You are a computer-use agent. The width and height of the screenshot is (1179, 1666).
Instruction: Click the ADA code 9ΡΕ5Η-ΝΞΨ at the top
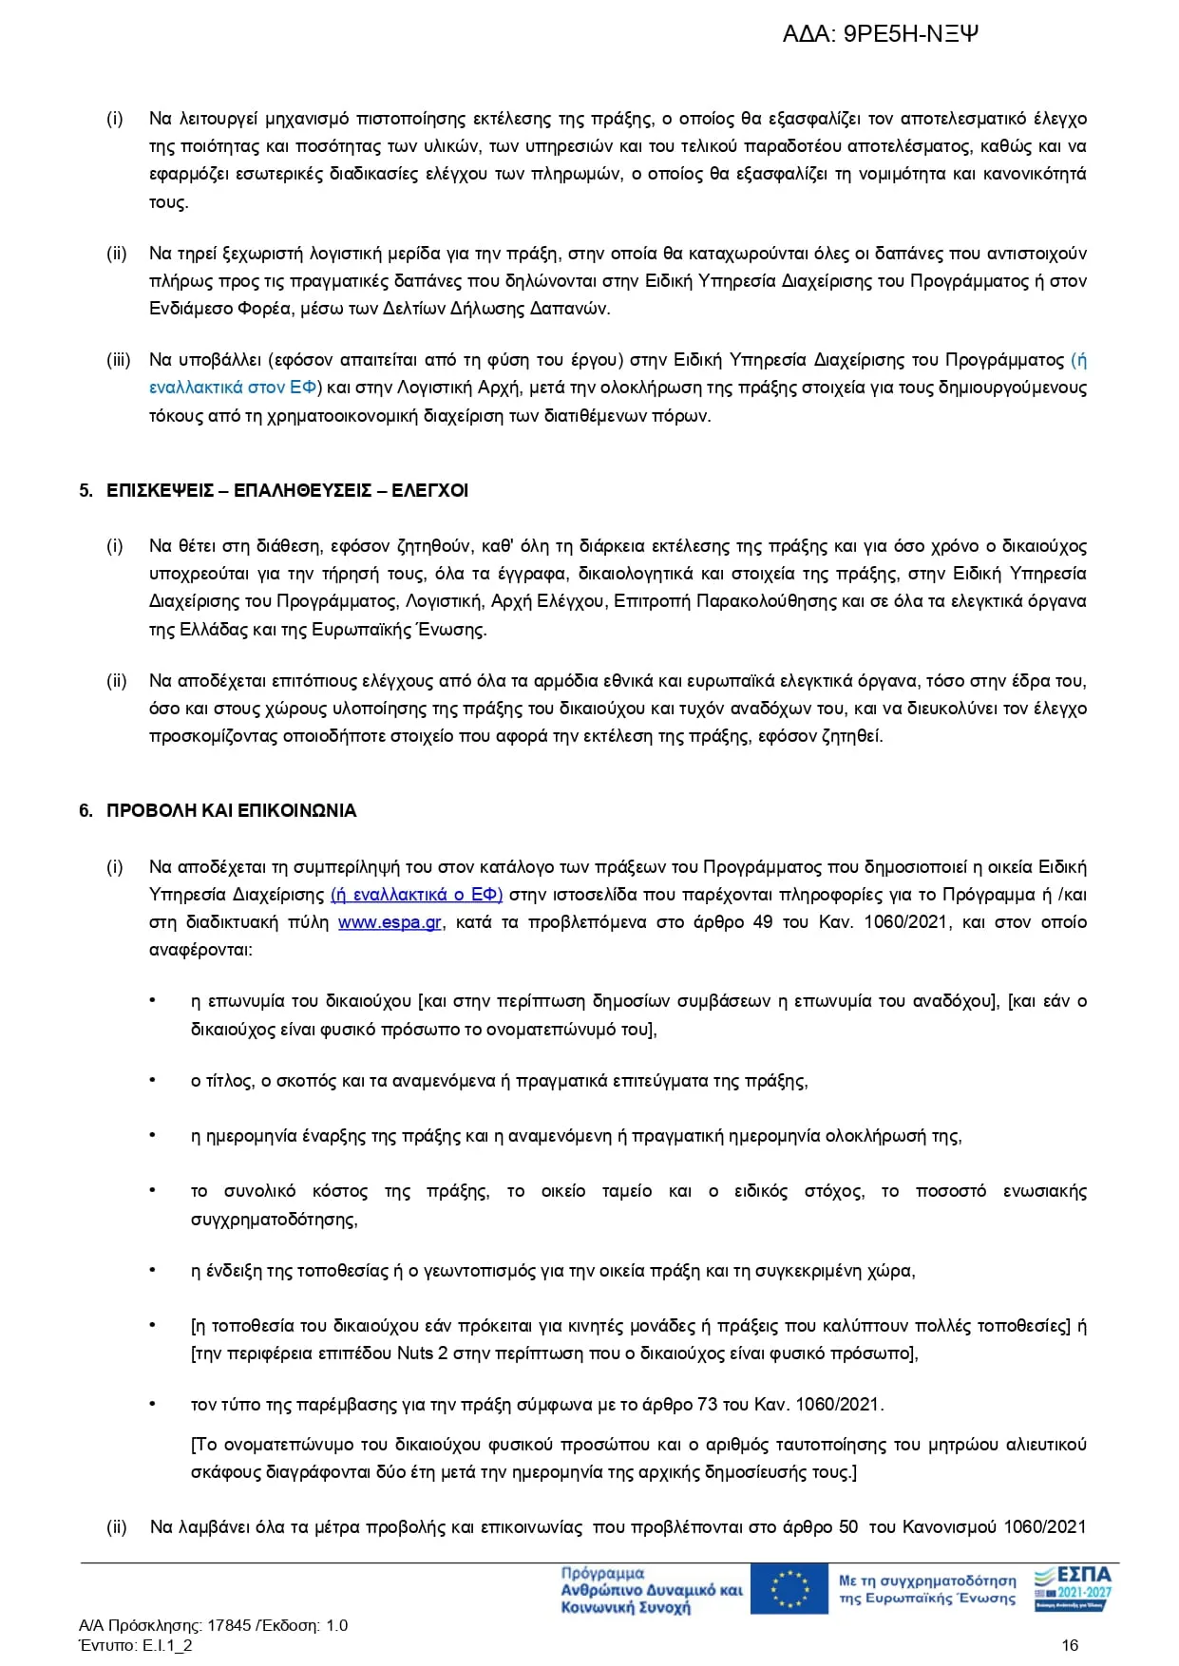click(910, 35)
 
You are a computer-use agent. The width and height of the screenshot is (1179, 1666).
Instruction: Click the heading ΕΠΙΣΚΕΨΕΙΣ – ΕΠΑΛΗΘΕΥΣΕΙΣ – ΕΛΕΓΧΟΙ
click(287, 491)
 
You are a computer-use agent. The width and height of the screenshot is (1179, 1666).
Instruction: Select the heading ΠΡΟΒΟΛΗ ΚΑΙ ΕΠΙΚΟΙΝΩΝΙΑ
click(231, 811)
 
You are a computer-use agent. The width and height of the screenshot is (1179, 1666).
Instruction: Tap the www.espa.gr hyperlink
click(390, 922)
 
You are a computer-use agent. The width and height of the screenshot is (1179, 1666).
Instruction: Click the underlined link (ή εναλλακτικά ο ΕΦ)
click(416, 895)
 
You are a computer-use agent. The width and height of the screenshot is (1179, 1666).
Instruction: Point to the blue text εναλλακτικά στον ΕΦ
click(233, 388)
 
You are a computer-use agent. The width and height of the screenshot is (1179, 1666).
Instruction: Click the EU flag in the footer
click(789, 1589)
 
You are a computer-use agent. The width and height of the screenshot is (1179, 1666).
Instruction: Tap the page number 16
click(1070, 1645)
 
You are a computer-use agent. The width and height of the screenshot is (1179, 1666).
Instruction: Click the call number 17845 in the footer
click(229, 1625)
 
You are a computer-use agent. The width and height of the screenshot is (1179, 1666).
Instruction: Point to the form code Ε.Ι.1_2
click(167, 1645)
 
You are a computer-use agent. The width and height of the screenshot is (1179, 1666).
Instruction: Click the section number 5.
click(86, 491)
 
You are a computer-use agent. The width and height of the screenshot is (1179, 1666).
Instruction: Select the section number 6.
click(86, 811)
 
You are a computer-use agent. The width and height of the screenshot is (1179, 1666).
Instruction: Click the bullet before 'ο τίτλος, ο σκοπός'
click(152, 1080)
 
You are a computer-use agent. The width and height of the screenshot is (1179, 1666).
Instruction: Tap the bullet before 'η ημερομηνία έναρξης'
click(152, 1135)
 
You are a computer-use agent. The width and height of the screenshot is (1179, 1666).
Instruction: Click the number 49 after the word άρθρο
click(762, 922)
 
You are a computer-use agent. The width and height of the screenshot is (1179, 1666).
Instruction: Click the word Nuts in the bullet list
click(415, 1354)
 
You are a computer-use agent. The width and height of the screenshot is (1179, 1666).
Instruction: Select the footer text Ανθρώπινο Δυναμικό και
click(652, 1590)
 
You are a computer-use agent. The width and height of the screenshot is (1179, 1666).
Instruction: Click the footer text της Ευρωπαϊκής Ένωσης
click(926, 1599)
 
